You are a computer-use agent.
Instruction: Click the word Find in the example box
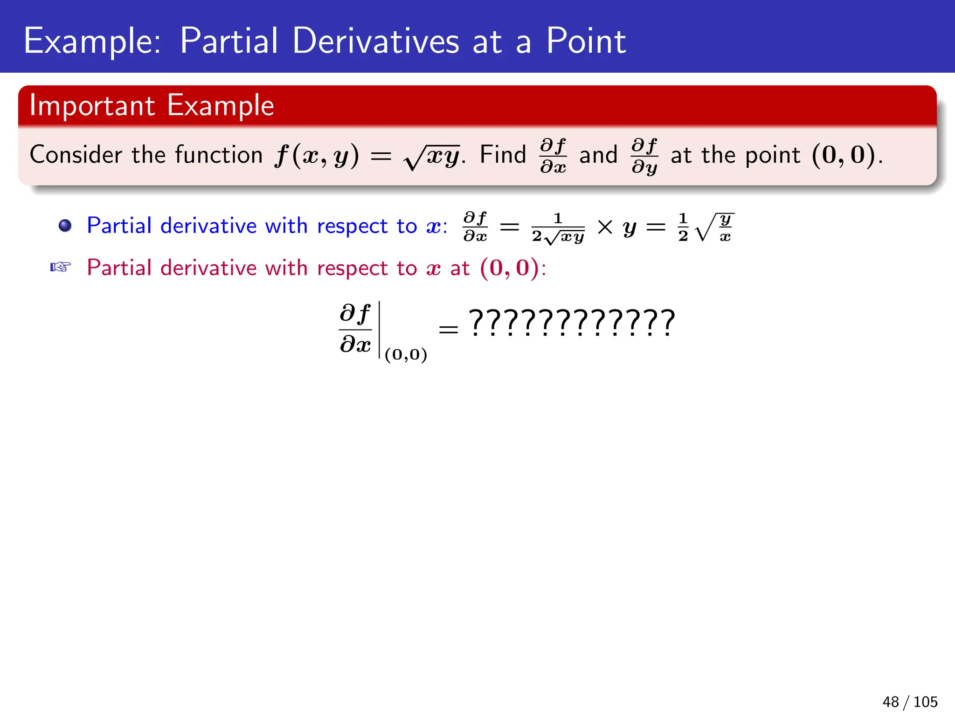tap(503, 155)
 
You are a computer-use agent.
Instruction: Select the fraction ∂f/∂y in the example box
tap(644, 156)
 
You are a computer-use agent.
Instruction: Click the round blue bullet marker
tap(65, 226)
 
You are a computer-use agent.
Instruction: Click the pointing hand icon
tap(61, 267)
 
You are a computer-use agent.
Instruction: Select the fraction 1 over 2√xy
tap(558, 228)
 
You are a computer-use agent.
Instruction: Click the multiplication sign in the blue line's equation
tap(605, 227)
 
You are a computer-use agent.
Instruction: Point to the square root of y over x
tap(714, 227)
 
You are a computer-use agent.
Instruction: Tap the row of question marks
tap(572, 323)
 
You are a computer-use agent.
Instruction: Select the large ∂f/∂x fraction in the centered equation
tap(355, 329)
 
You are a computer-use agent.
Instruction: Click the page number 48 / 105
tap(909, 702)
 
